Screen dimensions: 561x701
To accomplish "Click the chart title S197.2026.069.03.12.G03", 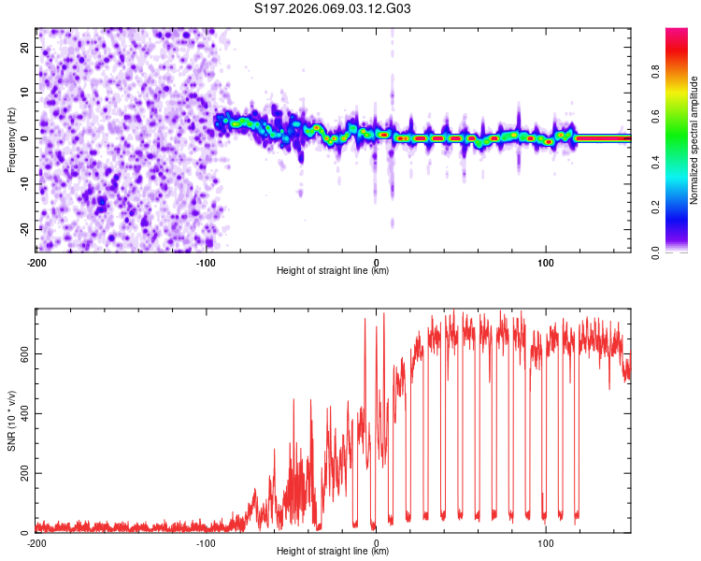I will point(333,9).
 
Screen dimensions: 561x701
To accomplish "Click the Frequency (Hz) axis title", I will point(11,139).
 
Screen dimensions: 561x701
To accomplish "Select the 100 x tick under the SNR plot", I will point(546,542).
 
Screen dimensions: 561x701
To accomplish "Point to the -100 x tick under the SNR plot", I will point(206,542).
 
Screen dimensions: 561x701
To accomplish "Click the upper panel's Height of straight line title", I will point(333,271).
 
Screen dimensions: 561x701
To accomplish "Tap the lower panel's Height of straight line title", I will point(333,552).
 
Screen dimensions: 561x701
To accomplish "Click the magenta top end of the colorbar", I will point(677,32).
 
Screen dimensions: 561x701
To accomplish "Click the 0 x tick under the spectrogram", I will point(376,262).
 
